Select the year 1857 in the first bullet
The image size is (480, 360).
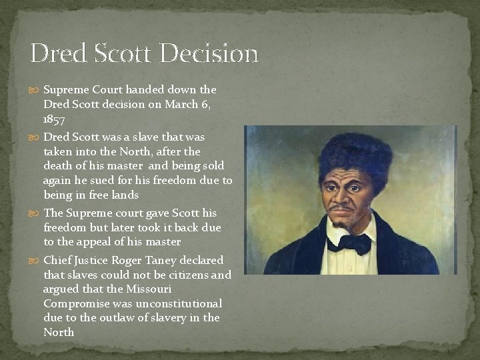point(55,119)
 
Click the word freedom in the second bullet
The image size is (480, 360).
point(177,181)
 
